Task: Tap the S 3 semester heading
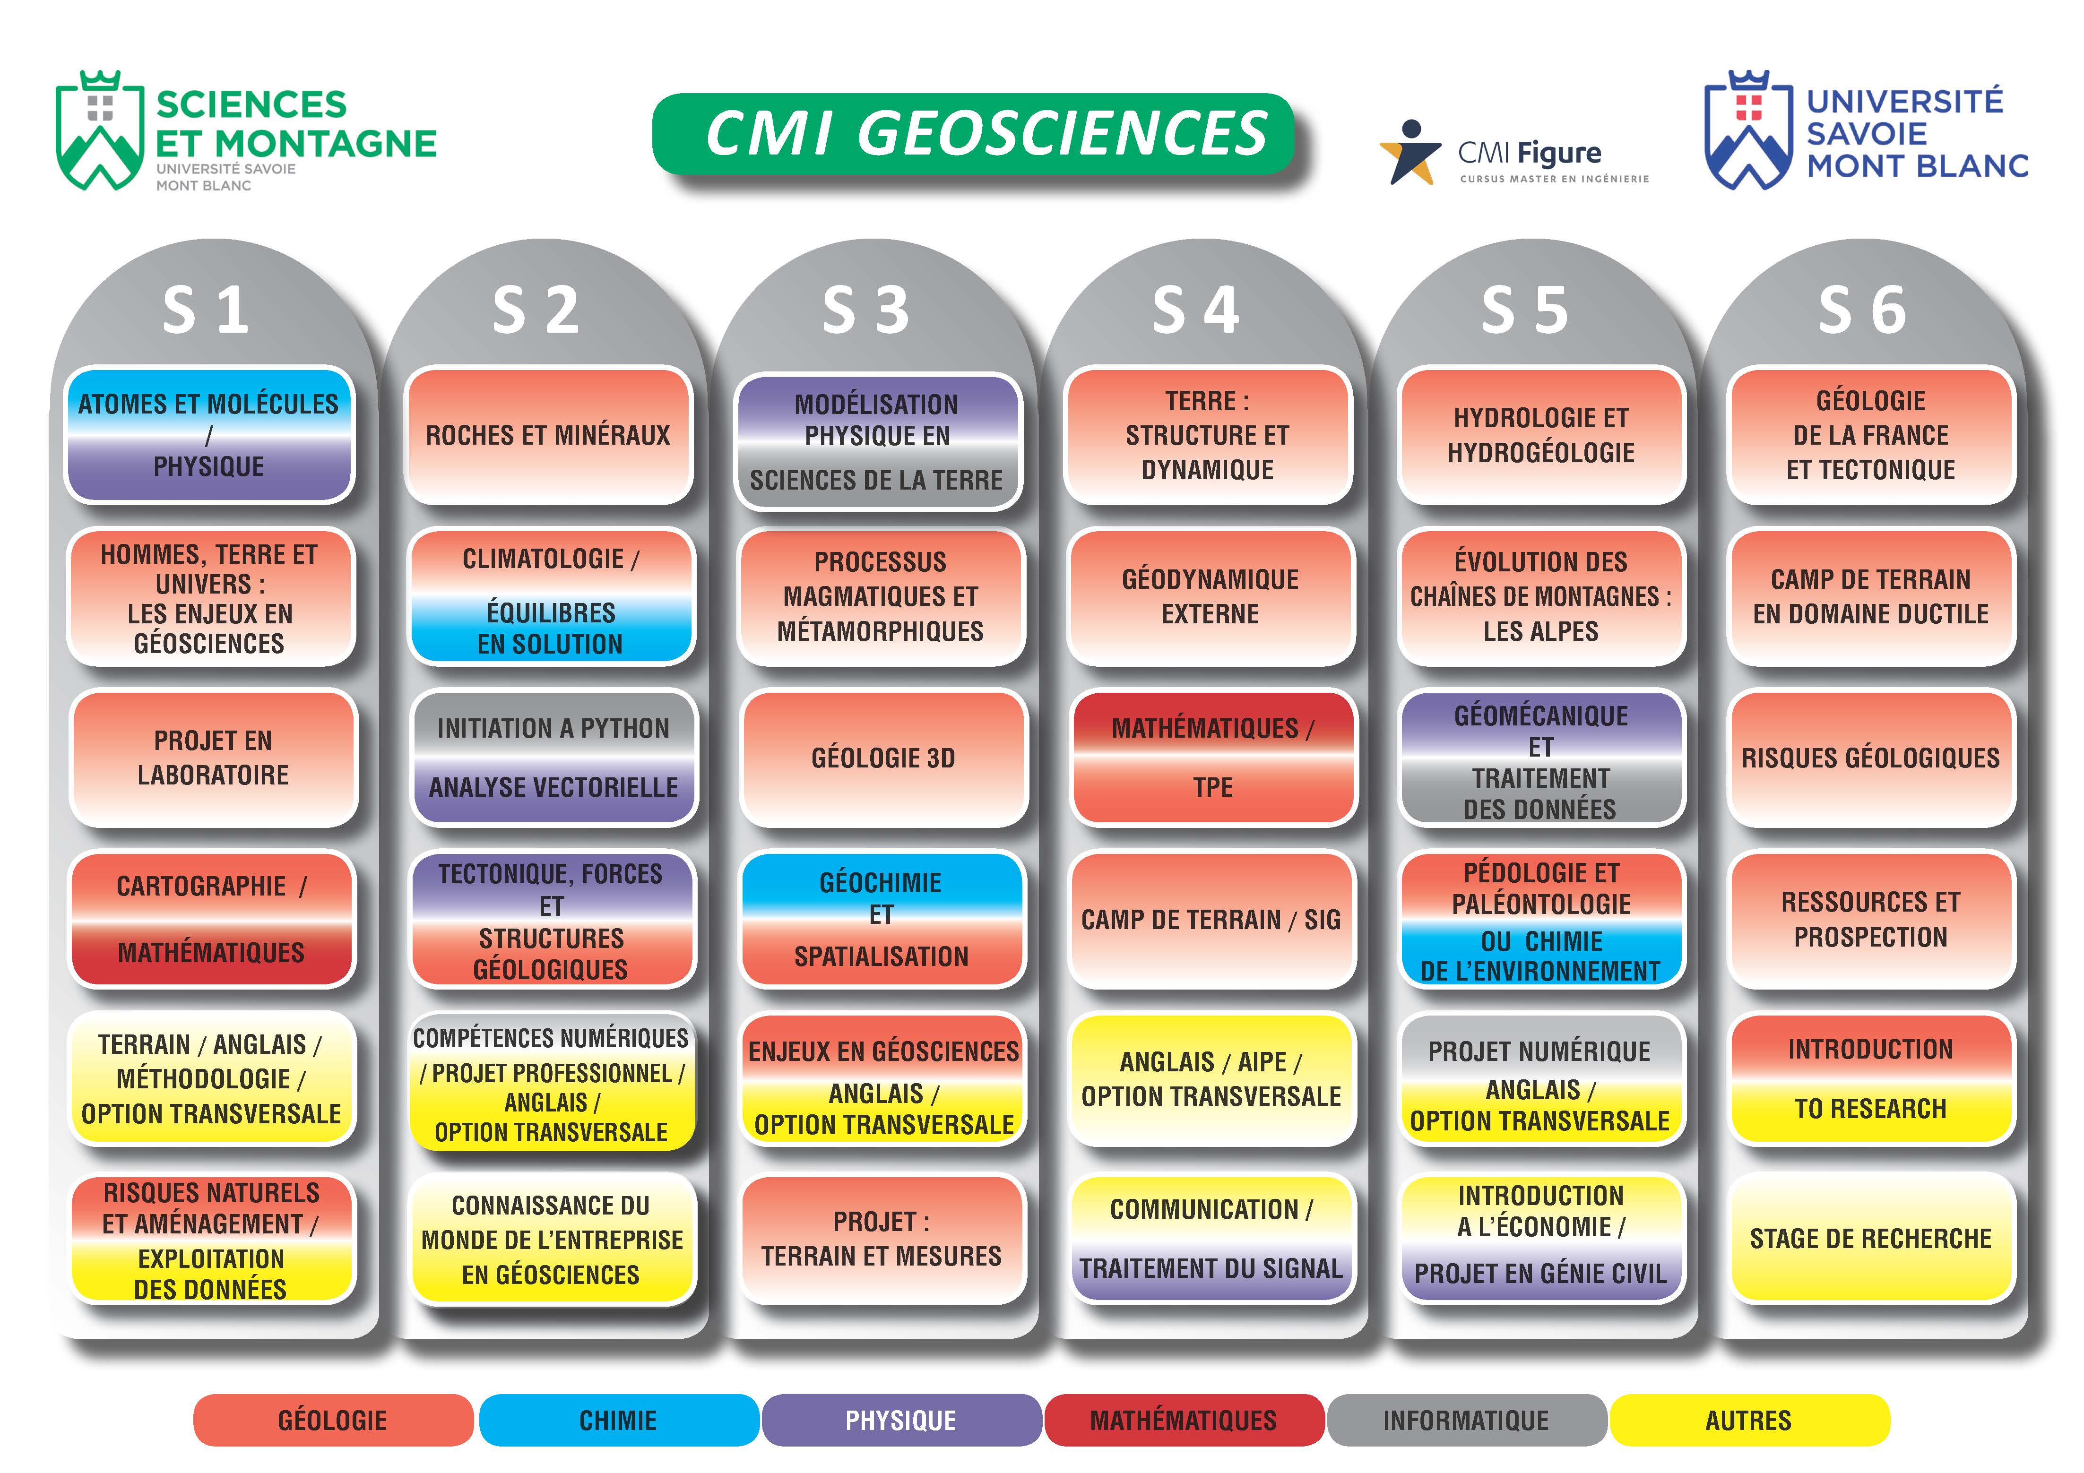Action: click(x=865, y=310)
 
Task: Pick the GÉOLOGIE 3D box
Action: click(x=883, y=758)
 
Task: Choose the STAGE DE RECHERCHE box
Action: click(x=1871, y=1239)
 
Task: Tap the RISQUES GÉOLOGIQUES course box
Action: click(x=1871, y=758)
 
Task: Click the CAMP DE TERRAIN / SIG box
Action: click(x=1211, y=919)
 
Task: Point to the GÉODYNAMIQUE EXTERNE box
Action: click(x=1211, y=596)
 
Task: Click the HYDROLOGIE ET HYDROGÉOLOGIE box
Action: click(x=1541, y=436)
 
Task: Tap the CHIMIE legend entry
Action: click(x=618, y=1421)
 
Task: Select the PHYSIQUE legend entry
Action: click(x=900, y=1421)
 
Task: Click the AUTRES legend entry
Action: click(x=1748, y=1421)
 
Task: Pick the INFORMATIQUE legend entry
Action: click(x=1466, y=1421)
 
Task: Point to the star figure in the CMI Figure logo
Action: click(x=1410, y=153)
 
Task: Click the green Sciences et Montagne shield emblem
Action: click(x=100, y=131)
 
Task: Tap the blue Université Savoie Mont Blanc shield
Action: click(x=1747, y=131)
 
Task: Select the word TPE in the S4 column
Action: click(x=1213, y=787)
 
